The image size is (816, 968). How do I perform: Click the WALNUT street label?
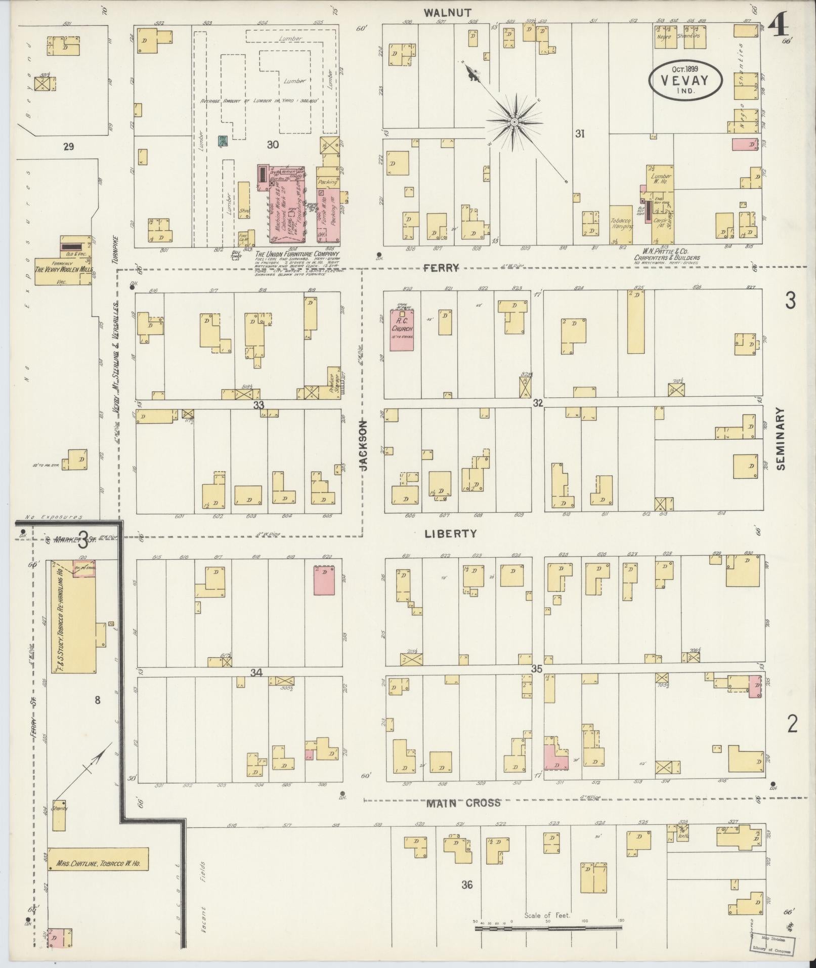pos(448,12)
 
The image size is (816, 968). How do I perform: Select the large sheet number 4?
pos(778,24)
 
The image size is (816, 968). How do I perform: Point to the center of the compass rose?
pos(514,122)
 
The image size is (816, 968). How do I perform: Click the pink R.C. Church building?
pos(402,330)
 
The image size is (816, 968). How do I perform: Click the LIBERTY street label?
pos(450,533)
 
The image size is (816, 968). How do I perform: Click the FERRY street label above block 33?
pos(445,268)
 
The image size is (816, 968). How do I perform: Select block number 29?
pos(68,147)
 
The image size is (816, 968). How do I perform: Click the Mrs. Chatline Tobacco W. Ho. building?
pos(98,859)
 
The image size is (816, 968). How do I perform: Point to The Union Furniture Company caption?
pos(297,254)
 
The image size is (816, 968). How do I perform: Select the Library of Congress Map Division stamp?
pos(770,944)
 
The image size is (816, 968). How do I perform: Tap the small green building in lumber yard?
pos(222,141)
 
